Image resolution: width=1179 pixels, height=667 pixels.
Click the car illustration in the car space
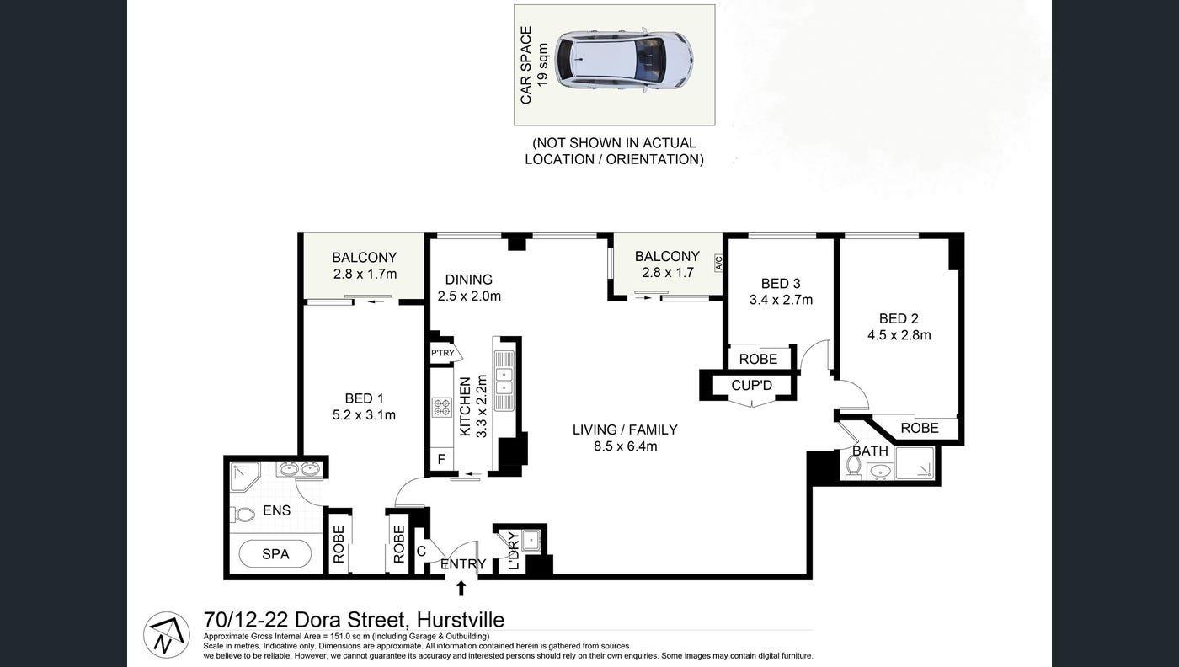coord(624,60)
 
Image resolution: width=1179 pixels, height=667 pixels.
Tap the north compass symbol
coord(166,634)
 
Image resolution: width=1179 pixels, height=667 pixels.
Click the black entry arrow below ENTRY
coord(461,588)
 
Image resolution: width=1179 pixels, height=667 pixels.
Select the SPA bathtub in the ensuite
coord(275,554)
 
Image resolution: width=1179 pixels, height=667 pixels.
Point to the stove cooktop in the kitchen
coord(442,408)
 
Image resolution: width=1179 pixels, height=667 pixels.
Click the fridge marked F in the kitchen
coord(441,460)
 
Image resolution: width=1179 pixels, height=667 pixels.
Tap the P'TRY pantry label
coord(443,353)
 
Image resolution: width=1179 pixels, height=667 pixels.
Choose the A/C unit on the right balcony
coord(718,264)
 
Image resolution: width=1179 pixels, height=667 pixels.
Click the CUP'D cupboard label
coord(752,386)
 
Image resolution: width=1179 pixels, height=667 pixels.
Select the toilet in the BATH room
coord(853,467)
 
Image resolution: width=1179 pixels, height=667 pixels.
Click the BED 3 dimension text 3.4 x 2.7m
coord(781,300)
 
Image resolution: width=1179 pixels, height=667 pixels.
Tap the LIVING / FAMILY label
coord(625,430)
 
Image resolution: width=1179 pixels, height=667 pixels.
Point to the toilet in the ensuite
coord(245,514)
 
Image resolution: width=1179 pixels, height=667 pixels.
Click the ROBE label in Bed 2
coord(920,428)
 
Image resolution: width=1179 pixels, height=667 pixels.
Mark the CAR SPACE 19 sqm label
coord(534,65)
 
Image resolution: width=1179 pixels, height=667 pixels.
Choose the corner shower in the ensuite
coord(244,476)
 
